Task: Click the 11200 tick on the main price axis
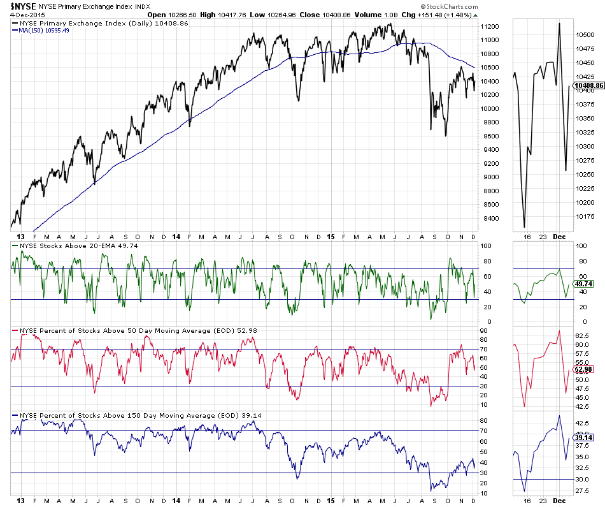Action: (490, 26)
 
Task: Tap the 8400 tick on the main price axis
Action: (488, 218)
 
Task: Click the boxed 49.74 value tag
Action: (583, 284)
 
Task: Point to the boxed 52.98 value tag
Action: (583, 369)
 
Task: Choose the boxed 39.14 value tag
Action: (583, 438)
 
